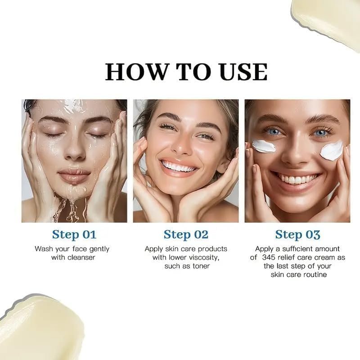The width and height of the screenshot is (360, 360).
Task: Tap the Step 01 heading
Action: (74, 234)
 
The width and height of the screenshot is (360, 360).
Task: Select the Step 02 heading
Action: (186, 234)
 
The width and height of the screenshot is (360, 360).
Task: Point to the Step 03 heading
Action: (297, 234)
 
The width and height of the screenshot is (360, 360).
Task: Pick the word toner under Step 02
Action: (201, 266)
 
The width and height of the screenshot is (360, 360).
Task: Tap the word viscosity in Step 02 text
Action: (202, 257)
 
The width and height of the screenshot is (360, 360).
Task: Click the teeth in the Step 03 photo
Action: (297, 179)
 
